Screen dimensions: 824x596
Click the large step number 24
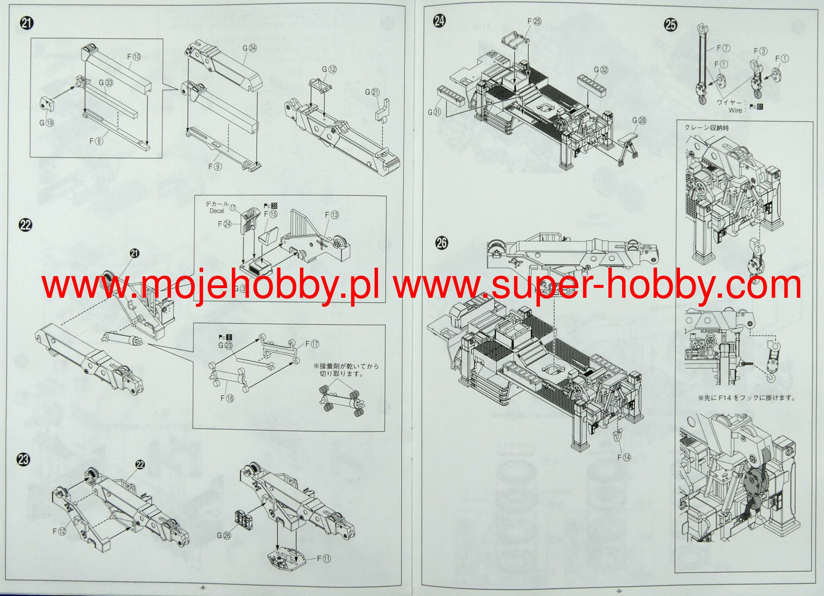[x=439, y=21]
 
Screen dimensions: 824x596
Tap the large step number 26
[x=441, y=243]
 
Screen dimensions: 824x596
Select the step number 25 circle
[x=670, y=25]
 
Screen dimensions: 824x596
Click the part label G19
[x=47, y=123]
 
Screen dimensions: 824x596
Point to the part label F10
[x=134, y=57]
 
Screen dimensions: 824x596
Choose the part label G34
[x=249, y=48]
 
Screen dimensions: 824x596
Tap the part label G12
[x=329, y=70]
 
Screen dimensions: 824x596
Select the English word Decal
[x=216, y=210]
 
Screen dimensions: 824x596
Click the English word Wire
[x=735, y=110]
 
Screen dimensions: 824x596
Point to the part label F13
[x=332, y=215]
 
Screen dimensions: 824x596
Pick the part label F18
[x=227, y=398]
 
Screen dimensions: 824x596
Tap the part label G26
[x=224, y=535]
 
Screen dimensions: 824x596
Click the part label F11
[x=323, y=559]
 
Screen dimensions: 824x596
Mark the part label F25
[x=534, y=21]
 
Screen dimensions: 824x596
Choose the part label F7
[x=723, y=48]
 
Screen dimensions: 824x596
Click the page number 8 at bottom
[x=203, y=588]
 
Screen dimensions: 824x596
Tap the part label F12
[x=59, y=531]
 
